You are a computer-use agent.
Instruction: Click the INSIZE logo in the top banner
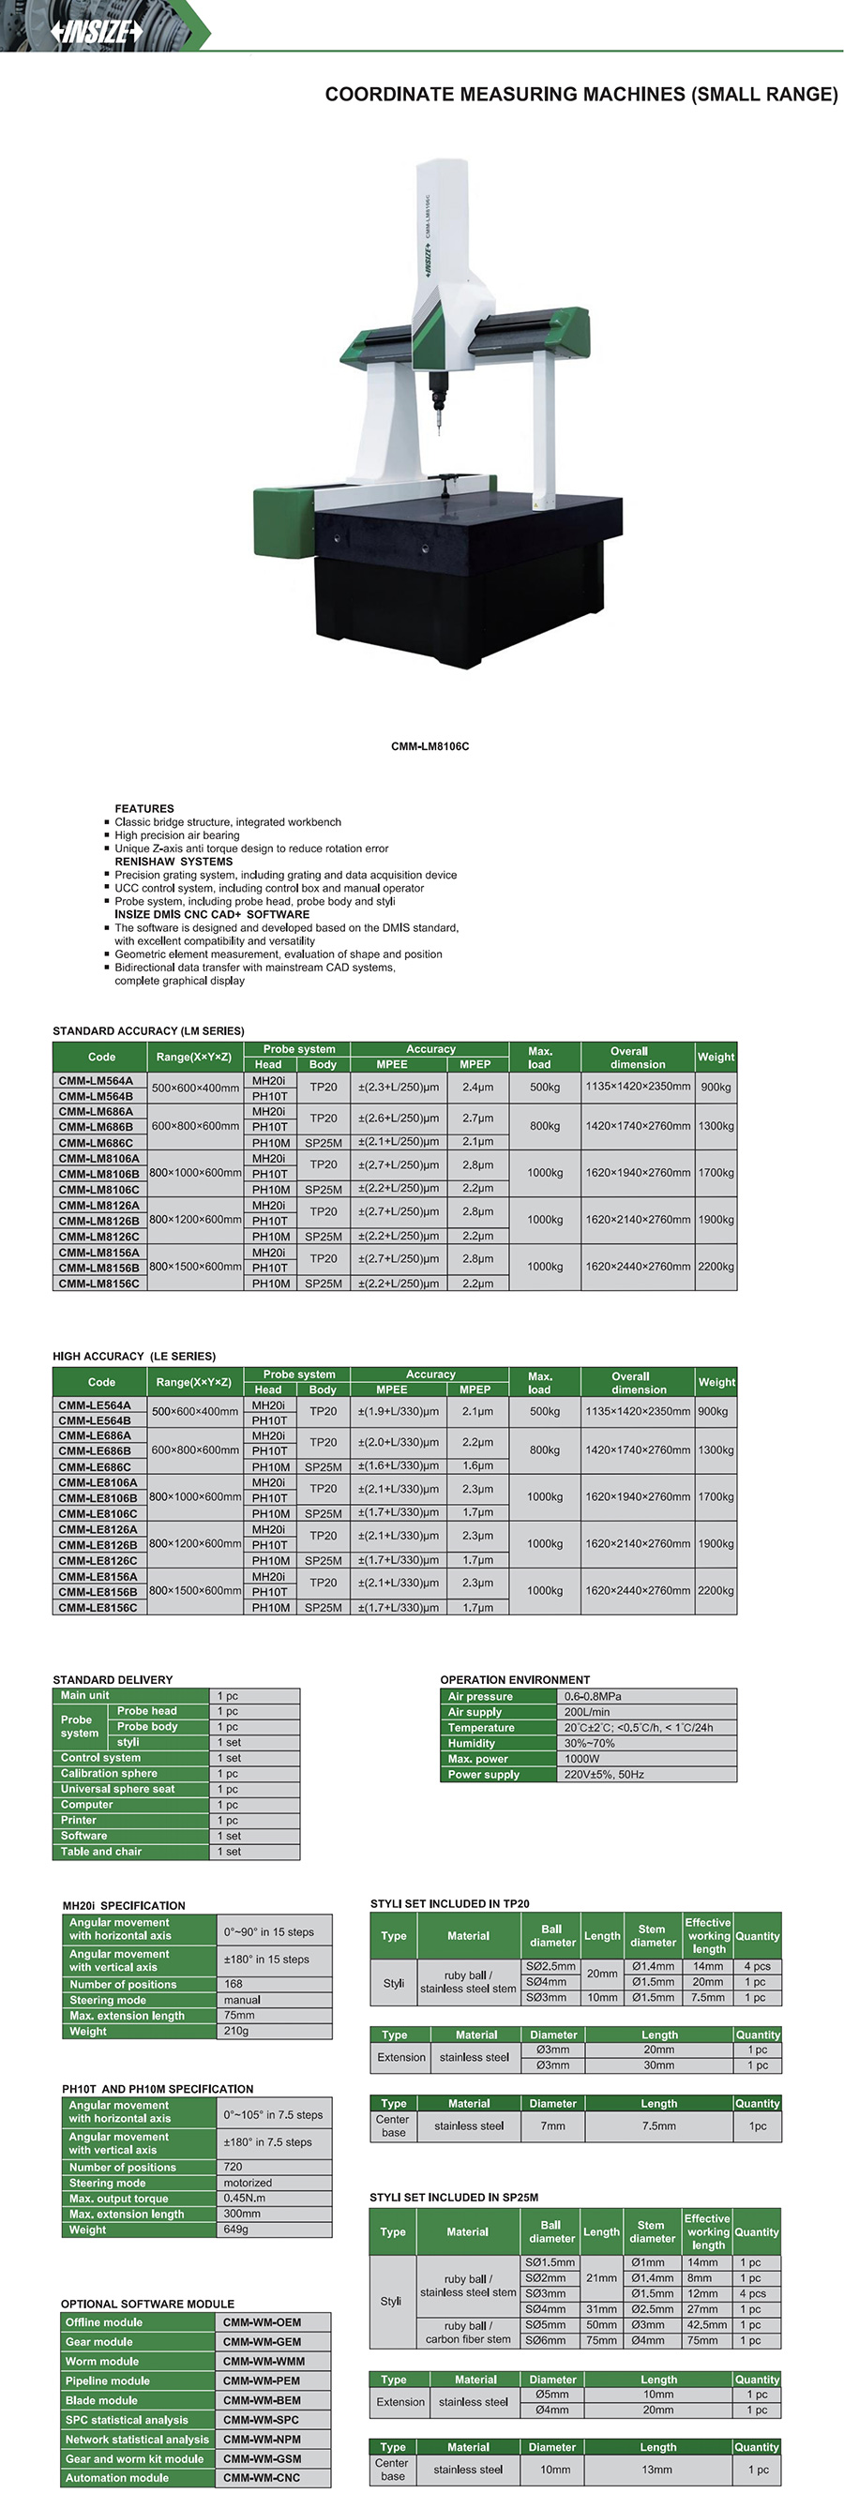[97, 32]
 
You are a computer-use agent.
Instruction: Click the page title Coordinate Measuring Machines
[580, 95]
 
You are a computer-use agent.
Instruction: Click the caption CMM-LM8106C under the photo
[430, 746]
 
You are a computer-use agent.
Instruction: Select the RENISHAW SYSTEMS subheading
[173, 862]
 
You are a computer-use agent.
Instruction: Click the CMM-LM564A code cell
[96, 1081]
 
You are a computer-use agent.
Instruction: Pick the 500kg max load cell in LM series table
[544, 1088]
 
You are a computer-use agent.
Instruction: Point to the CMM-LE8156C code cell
[98, 1607]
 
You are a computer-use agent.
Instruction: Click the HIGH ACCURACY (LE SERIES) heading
[134, 1357]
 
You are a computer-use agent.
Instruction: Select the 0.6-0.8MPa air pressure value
[593, 1696]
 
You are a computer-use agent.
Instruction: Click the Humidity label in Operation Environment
[471, 1743]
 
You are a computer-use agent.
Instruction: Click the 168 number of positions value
[234, 1984]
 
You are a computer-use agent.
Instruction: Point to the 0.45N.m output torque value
[245, 2199]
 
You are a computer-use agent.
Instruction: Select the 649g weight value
[235, 2230]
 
